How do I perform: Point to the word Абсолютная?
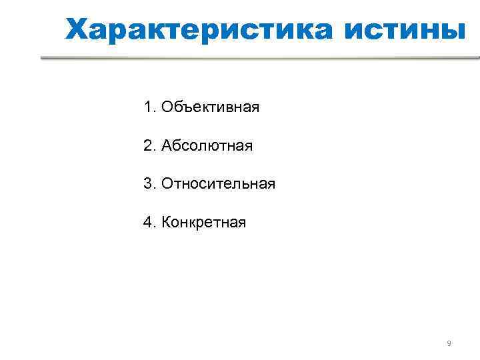point(206,145)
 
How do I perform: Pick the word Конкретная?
point(203,222)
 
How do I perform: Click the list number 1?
point(147,107)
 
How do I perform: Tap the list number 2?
point(147,145)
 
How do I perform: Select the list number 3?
point(147,183)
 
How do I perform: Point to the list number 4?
point(147,222)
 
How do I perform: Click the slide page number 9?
point(449,343)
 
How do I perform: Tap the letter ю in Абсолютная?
point(217,145)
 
